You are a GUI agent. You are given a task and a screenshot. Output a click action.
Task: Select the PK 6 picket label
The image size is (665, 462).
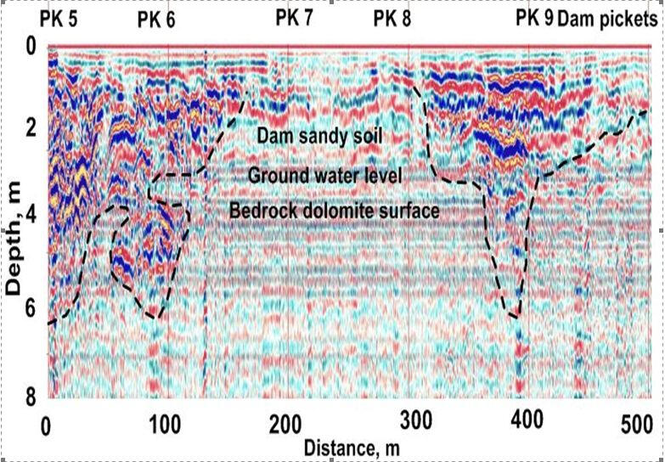coord(156,21)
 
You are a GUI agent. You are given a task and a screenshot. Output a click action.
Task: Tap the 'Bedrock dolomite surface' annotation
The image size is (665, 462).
coord(334,211)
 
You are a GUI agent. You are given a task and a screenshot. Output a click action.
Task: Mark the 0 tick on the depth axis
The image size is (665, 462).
coord(30,46)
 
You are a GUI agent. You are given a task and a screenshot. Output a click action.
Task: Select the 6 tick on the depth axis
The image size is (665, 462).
coord(30,310)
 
